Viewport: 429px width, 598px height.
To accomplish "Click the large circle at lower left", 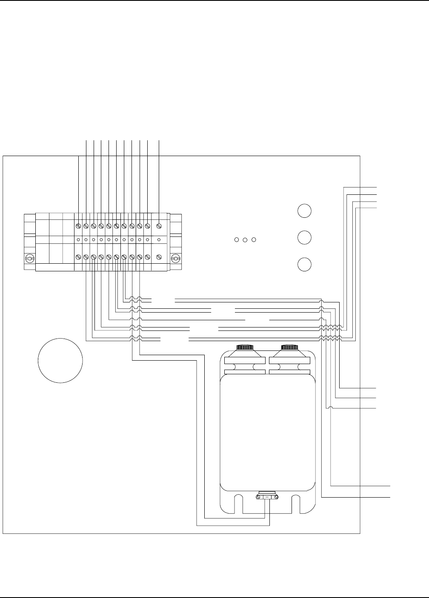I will coord(60,361).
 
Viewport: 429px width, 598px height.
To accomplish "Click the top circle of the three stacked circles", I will coord(304,211).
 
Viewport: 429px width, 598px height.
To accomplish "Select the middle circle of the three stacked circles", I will coord(304,237).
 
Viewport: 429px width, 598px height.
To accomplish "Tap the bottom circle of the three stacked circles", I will coord(304,264).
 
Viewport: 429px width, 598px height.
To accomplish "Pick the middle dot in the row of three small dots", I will coord(245,240).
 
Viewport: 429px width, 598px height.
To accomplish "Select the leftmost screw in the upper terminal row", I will coord(79,225).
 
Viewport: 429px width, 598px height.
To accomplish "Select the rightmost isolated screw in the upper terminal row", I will coord(159,225).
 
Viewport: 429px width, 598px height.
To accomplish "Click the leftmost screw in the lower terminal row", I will coord(79,257).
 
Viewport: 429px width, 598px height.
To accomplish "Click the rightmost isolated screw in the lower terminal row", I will coord(159,257).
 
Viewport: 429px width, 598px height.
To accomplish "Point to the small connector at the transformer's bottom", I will coord(267,496).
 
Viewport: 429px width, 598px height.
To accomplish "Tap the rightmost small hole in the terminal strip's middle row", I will coord(159,240).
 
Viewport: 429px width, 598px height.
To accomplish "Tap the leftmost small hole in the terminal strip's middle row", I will coord(79,240).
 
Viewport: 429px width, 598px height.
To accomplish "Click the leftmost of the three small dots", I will coord(237,240).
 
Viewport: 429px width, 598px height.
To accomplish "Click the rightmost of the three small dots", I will coord(254,240).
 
